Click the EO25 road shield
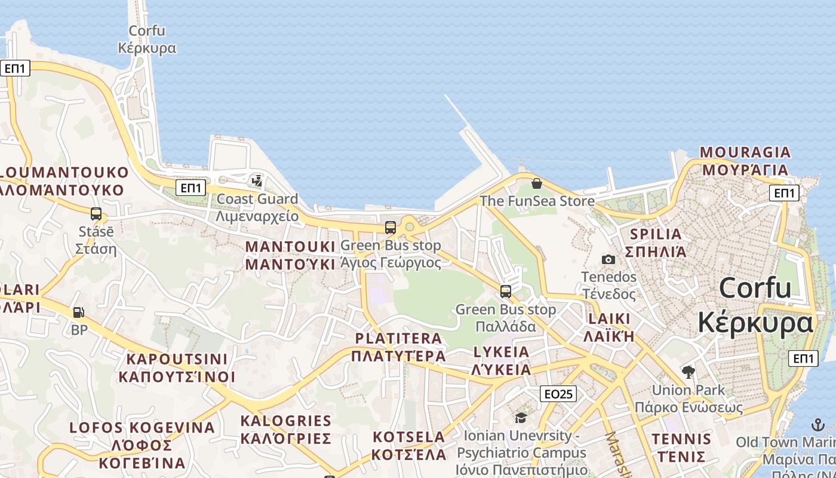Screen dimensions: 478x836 (558, 394)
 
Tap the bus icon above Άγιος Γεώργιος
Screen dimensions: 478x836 (391, 227)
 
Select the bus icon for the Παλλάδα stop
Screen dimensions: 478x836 (506, 292)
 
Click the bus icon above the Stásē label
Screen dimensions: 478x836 (96, 213)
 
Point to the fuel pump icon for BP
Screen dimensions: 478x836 (78, 312)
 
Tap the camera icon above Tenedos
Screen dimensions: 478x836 (608, 259)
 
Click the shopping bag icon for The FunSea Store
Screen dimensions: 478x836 (536, 183)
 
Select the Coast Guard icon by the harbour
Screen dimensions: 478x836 (257, 180)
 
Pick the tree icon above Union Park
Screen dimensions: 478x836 (688, 372)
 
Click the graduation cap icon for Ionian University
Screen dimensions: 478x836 (521, 418)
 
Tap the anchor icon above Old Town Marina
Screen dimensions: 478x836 (817, 425)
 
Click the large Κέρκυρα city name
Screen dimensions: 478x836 (755, 323)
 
